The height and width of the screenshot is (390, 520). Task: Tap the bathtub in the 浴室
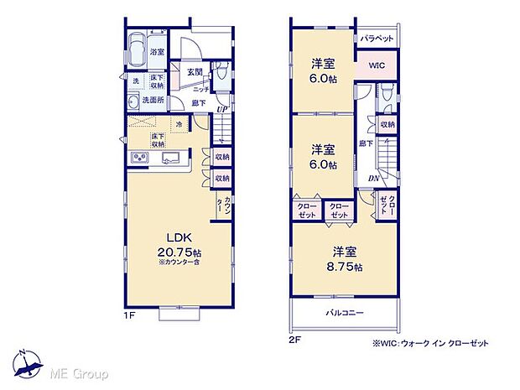(x=136, y=49)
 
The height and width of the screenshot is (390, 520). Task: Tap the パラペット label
(x=377, y=39)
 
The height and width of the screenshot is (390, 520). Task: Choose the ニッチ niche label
(x=200, y=87)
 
